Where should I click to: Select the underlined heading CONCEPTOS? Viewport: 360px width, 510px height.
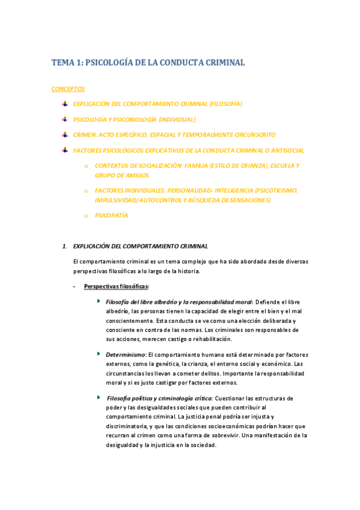pos(68,89)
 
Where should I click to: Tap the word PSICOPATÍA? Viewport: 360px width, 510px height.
pos(111,215)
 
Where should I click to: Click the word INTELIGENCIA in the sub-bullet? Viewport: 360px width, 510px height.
pos(220,190)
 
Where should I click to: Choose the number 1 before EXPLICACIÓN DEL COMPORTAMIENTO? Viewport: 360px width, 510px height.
pos(64,246)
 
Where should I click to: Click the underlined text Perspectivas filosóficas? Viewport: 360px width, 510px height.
pos(117,286)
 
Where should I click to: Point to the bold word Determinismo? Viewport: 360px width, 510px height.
pos(126,355)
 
